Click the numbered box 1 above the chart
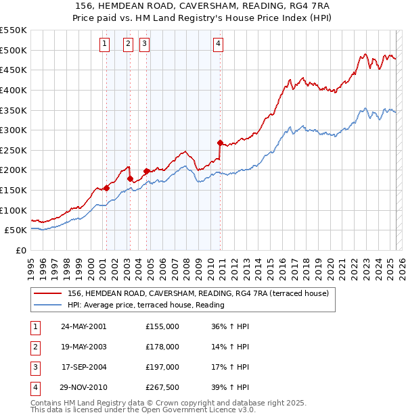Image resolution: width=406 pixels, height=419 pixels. coord(105,44)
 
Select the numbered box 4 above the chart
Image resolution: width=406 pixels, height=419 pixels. coord(218,44)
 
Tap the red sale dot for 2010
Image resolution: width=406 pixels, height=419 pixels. coord(220,143)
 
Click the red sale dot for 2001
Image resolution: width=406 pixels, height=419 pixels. coord(106,188)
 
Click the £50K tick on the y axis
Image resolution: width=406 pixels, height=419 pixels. coord(16,230)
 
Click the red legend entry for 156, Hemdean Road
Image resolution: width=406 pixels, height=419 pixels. coord(198,293)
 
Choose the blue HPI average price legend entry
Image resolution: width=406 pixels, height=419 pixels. coord(145,305)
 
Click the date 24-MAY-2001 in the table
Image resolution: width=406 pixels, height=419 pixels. coord(84,326)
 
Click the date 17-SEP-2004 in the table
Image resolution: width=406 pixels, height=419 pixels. coord(84,367)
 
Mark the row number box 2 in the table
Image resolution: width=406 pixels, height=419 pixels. coord(34,347)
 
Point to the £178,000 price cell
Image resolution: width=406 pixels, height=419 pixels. coord(162,347)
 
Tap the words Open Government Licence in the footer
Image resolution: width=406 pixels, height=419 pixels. coord(192,410)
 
